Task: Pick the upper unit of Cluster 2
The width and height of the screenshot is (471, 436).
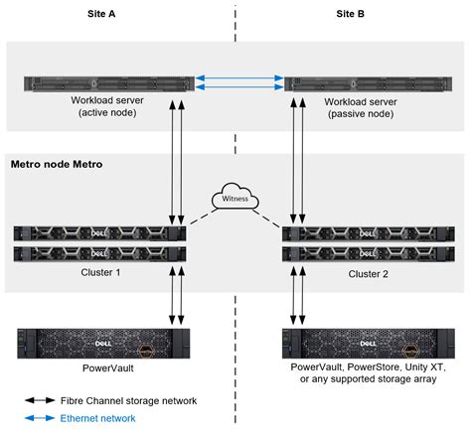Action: click(x=368, y=234)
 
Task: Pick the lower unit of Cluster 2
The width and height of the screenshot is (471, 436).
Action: click(x=368, y=253)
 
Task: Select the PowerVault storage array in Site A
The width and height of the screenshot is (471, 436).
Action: click(x=102, y=344)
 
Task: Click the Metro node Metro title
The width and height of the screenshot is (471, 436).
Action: click(x=59, y=162)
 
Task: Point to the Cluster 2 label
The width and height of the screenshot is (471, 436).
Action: click(x=369, y=273)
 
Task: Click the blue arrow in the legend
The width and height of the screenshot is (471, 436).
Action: click(x=39, y=418)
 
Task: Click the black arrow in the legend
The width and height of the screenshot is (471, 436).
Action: click(x=39, y=400)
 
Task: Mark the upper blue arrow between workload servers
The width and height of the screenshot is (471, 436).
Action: click(x=235, y=73)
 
